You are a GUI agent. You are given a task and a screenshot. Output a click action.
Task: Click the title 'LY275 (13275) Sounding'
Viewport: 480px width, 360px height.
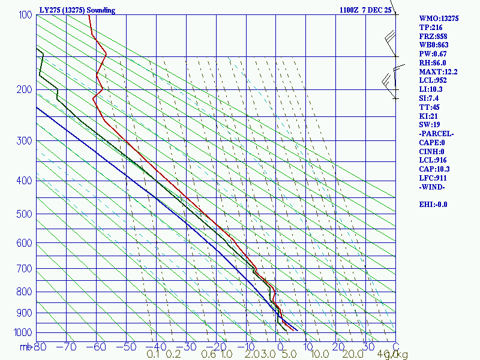[x=77, y=10]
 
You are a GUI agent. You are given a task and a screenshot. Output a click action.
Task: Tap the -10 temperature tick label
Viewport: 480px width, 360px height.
[x=246, y=346]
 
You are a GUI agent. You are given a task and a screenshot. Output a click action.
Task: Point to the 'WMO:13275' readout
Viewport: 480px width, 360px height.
[x=439, y=19]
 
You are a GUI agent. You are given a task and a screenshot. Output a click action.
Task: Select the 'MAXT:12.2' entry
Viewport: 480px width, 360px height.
[x=438, y=71]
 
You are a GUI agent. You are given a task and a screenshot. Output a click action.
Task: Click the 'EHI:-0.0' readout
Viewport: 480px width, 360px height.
[x=433, y=205]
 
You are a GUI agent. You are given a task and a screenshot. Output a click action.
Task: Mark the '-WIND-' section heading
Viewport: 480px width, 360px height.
[x=432, y=187]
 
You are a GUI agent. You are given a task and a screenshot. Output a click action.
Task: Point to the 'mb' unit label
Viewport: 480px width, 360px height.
[x=25, y=346]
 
